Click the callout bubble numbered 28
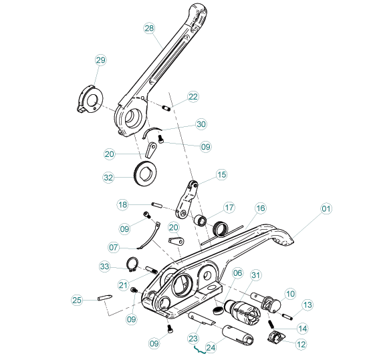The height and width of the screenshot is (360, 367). (149, 28)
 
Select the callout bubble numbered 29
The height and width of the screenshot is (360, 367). (100, 61)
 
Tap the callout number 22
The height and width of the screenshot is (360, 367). (193, 97)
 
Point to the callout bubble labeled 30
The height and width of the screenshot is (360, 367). (201, 124)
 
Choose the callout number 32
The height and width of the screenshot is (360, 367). (109, 178)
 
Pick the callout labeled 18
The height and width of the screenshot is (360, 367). (122, 204)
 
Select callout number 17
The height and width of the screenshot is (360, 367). (229, 207)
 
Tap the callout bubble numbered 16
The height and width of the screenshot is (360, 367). (260, 208)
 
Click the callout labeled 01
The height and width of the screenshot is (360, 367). (326, 209)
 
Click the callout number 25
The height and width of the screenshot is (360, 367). (77, 301)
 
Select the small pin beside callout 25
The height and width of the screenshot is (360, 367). (106, 299)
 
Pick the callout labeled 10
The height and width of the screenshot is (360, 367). (290, 293)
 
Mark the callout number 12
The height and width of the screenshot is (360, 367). (300, 344)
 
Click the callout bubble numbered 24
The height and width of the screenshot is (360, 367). (211, 347)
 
